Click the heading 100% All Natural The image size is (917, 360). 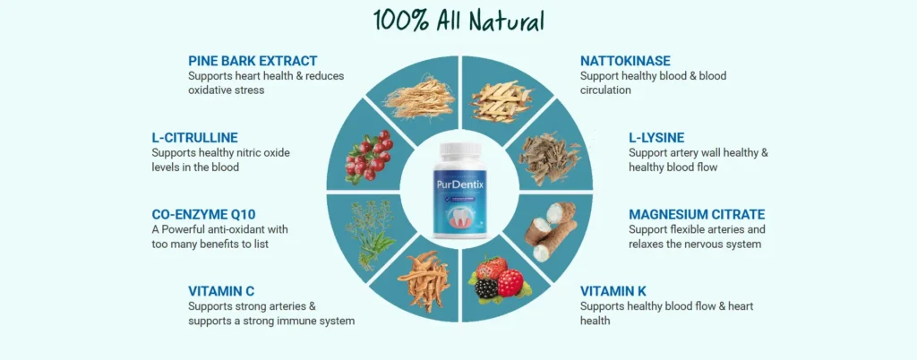pyautogui.click(x=459, y=21)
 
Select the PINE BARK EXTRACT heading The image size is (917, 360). pyautogui.click(x=253, y=61)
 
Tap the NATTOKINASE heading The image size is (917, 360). pyautogui.click(x=625, y=61)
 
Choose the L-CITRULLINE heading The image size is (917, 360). pyautogui.click(x=194, y=138)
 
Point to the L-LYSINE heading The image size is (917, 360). pyautogui.click(x=656, y=138)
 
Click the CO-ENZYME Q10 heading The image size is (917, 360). pyautogui.click(x=203, y=215)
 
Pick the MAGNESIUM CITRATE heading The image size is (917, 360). pyautogui.click(x=697, y=215)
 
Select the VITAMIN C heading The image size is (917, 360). pyautogui.click(x=221, y=291)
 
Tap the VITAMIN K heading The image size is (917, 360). pyautogui.click(x=613, y=291)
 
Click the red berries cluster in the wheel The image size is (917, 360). pyautogui.click(x=368, y=156)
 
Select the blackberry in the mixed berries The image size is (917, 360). pyautogui.click(x=486, y=287)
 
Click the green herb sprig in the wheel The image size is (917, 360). pyautogui.click(x=364, y=231)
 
